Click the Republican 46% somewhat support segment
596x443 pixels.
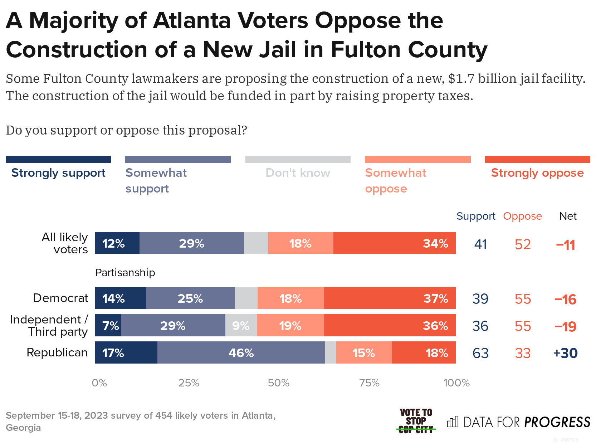point(241,353)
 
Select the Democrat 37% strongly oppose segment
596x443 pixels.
point(390,298)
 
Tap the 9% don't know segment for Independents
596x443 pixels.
point(241,326)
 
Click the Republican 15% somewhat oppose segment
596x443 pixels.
point(364,353)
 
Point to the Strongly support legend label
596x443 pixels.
point(58,173)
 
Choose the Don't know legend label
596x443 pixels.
point(298,173)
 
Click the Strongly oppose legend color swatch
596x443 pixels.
point(537,160)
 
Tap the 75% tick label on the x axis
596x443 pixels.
point(369,383)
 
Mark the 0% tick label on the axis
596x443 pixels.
point(99,383)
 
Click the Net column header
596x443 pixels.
point(568,216)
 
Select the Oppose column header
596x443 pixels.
point(522,216)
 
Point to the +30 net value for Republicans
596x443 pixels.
point(565,353)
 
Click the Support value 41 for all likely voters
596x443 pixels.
point(480,244)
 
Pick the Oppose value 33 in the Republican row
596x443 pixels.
point(523,353)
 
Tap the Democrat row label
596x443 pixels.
point(60,298)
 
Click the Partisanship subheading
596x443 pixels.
point(125,273)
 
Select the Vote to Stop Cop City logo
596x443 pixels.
point(416,421)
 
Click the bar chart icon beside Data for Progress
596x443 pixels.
point(453,422)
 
